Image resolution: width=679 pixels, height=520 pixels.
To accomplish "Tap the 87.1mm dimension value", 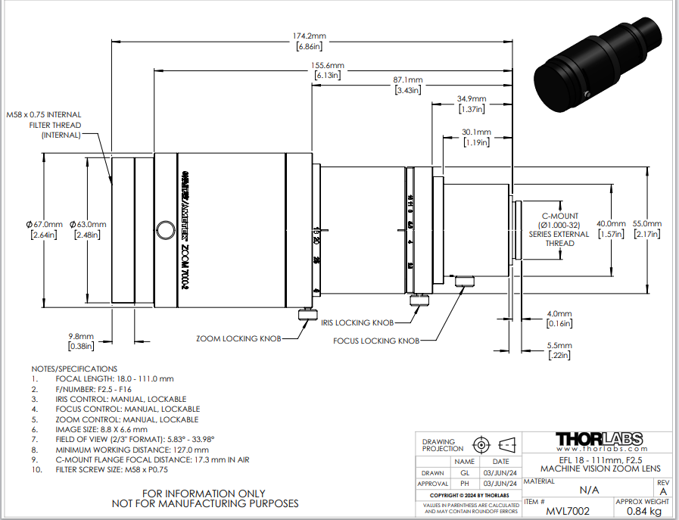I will [x=408, y=80].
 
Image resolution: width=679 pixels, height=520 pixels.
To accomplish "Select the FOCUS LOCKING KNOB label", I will [x=376, y=341].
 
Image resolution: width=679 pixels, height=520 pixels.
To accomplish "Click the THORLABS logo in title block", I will [x=599, y=440].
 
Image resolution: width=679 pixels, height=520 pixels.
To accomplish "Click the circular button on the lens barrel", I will [x=164, y=229].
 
